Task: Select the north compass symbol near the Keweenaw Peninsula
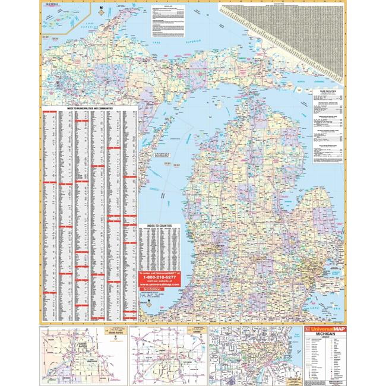(x=102, y=10)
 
